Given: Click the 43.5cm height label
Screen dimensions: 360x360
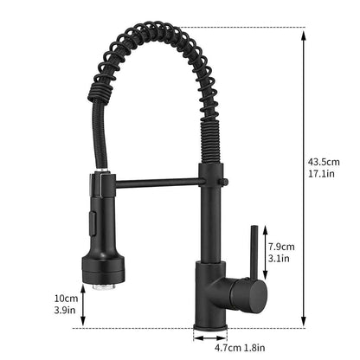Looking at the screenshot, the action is [324, 162].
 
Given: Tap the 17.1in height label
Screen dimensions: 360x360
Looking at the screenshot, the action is [321, 174].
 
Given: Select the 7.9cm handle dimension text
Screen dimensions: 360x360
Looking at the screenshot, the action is [281, 247].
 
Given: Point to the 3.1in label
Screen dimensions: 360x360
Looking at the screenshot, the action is [279, 258].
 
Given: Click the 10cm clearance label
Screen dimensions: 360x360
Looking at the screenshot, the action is [66, 298].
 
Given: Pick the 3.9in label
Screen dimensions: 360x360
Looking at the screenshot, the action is [65, 310].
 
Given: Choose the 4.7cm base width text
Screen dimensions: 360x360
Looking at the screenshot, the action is [228, 348].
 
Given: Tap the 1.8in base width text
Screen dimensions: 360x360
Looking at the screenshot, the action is [254, 348].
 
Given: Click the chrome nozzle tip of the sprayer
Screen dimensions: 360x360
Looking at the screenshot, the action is [103, 287].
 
